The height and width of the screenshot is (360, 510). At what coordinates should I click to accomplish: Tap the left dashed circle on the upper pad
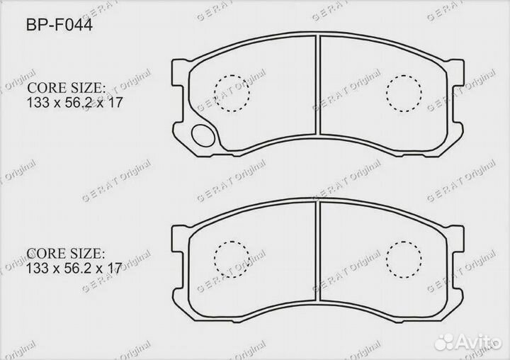click(232, 93)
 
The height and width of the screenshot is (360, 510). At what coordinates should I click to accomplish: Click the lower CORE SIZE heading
click(66, 253)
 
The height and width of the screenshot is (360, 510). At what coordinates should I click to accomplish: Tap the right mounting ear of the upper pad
click(459, 70)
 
